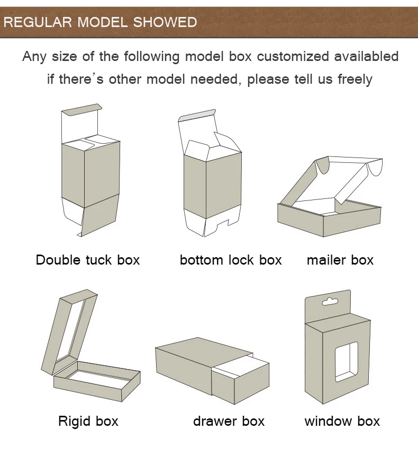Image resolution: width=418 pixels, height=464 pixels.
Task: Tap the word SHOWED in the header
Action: [x=165, y=22]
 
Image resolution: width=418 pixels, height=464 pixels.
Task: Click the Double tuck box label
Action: [x=88, y=260]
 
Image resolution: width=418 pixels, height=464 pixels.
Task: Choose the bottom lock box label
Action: [x=231, y=260]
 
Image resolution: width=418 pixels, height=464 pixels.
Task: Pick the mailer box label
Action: [x=340, y=260]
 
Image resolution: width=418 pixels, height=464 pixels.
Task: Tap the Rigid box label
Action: [x=88, y=422]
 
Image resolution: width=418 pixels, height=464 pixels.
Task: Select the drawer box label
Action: [x=229, y=422]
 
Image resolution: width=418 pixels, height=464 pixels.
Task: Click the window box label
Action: [x=342, y=422]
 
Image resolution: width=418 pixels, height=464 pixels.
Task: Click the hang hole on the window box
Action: [x=330, y=302]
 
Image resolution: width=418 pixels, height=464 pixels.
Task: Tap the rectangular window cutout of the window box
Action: [x=347, y=362]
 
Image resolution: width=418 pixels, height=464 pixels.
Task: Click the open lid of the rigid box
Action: [x=70, y=329]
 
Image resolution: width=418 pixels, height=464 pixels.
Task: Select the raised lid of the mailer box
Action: [x=339, y=178]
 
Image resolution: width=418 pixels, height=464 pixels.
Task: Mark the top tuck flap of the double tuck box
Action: [x=80, y=110]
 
